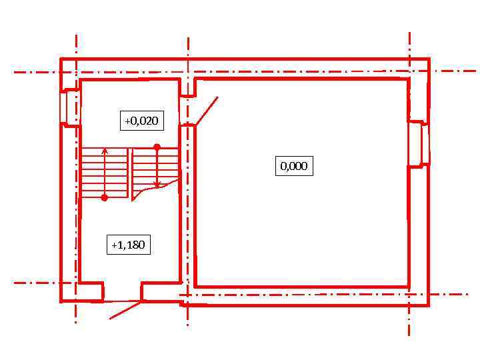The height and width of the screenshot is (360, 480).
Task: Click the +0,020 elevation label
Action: point(142,121)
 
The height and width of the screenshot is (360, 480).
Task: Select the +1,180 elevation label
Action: point(129,245)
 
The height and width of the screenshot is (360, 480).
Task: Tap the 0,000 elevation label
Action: point(294,166)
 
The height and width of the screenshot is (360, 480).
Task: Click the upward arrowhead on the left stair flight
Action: point(105,150)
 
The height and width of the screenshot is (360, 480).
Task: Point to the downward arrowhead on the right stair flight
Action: point(157,185)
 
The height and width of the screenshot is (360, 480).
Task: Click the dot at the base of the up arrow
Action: point(105,198)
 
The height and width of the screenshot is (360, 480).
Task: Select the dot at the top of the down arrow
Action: point(157,147)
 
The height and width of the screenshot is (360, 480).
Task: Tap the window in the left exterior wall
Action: point(70,107)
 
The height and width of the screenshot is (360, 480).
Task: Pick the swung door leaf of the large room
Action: point(207,111)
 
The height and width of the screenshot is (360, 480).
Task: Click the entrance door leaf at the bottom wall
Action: point(125,310)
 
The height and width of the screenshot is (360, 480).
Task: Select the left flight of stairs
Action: point(105,173)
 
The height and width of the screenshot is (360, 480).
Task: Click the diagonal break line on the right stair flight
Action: point(155,189)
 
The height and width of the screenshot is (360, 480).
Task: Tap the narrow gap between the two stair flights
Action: point(130,173)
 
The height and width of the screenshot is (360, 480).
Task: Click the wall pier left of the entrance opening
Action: point(90,292)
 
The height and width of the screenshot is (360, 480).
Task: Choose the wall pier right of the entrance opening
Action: point(161,292)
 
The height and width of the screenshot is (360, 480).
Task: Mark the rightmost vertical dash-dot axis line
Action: point(409,184)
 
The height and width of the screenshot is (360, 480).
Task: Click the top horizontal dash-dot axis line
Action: point(244,72)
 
